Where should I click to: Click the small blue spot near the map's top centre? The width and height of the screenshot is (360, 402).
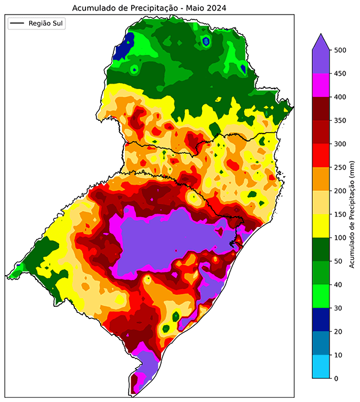[x=206, y=41]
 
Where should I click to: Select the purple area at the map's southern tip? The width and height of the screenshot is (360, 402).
[x=145, y=366]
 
